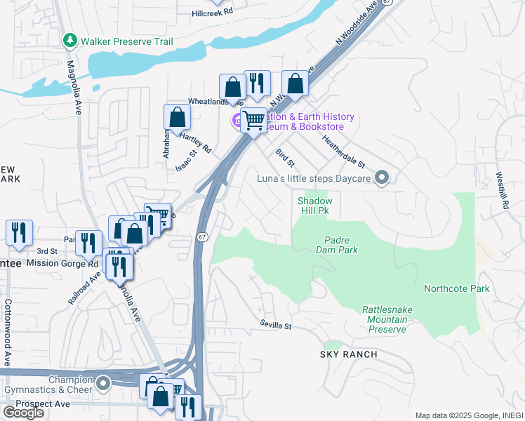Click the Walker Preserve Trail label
click(126, 41)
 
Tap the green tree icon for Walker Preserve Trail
click(69, 41)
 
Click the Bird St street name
click(284, 159)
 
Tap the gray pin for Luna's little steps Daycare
click(382, 178)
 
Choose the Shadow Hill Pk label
click(314, 205)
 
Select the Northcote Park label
click(457, 288)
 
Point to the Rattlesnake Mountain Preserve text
click(384, 319)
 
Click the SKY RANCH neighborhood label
click(349, 354)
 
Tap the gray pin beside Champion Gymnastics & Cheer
click(104, 384)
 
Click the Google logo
click(22, 413)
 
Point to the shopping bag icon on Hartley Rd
click(177, 117)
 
